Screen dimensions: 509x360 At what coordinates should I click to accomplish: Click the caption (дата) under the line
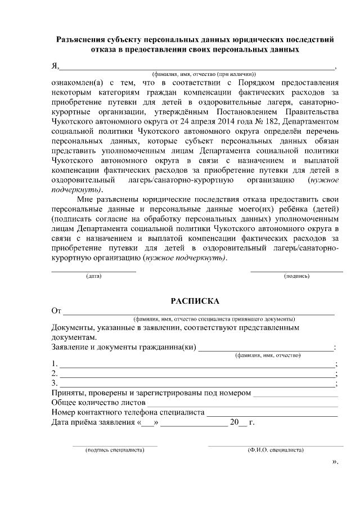click(94, 276)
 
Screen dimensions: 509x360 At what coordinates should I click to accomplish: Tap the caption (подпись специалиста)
click(115, 450)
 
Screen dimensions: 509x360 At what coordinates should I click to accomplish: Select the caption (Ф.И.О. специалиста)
click(276, 450)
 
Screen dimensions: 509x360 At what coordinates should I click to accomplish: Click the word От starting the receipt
click(56, 310)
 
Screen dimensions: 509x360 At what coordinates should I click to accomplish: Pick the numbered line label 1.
click(53, 363)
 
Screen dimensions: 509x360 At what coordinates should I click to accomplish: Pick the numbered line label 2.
click(53, 373)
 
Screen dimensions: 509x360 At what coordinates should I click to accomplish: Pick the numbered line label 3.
click(53, 384)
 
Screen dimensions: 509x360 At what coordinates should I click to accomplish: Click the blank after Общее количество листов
click(242, 403)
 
